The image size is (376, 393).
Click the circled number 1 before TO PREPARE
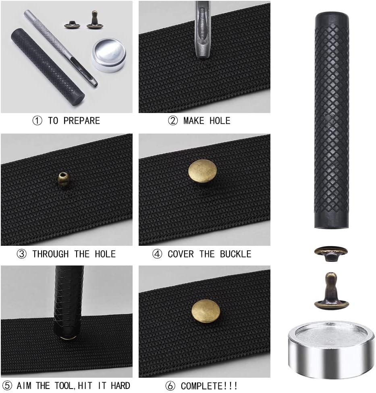[x=37, y=121]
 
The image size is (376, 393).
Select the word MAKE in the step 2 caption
[x=194, y=121]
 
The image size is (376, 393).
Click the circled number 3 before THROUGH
[x=21, y=254]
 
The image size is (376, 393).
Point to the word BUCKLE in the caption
[x=235, y=254]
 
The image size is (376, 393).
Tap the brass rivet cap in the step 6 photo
[x=206, y=312]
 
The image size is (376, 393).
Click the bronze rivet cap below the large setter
[x=331, y=253]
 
